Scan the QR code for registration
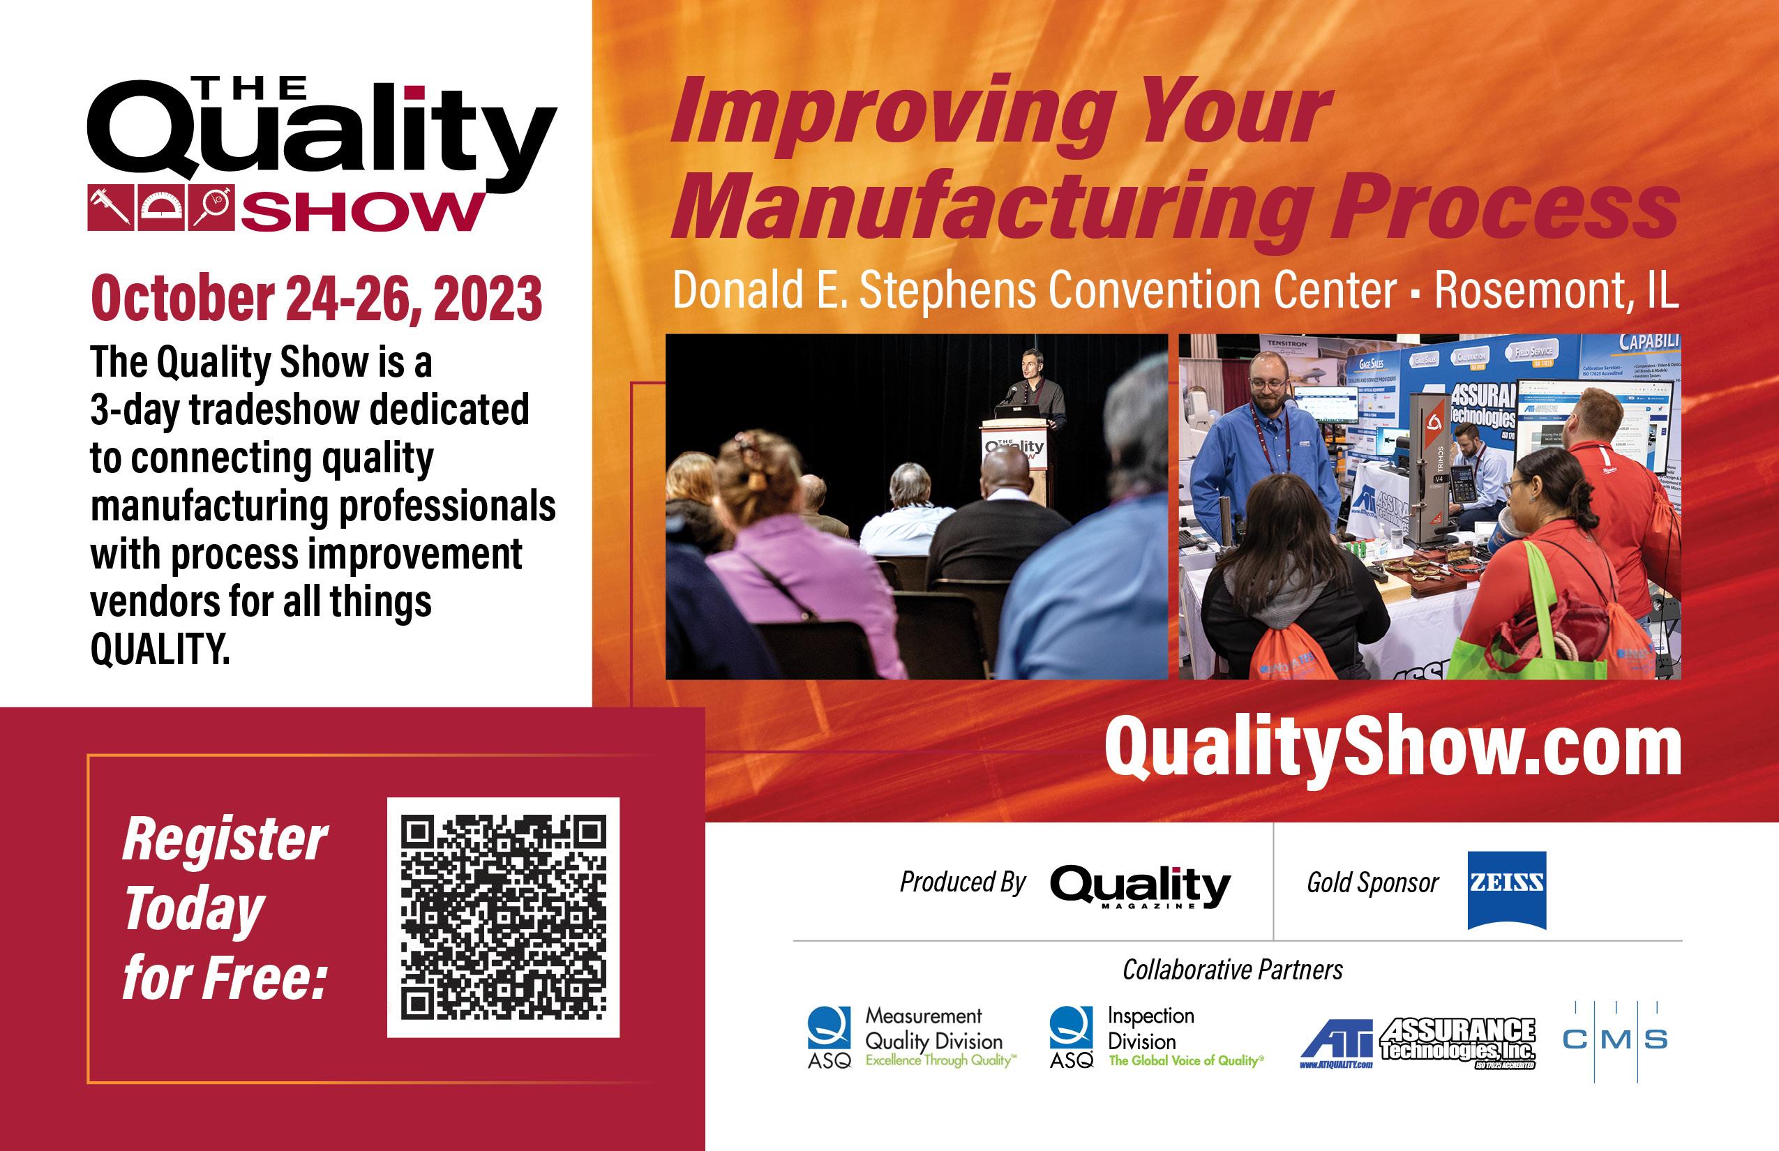point(503,917)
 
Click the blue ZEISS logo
point(1506,889)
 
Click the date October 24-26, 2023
point(316,299)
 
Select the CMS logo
point(1614,1039)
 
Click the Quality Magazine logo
point(1139,887)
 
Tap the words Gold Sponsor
point(1372,883)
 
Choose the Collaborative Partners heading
point(1233,970)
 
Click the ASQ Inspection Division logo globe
point(1070,1028)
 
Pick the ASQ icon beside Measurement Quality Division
point(828,1028)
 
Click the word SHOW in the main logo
point(362,213)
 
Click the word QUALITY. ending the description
point(160,649)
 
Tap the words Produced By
point(962,882)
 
